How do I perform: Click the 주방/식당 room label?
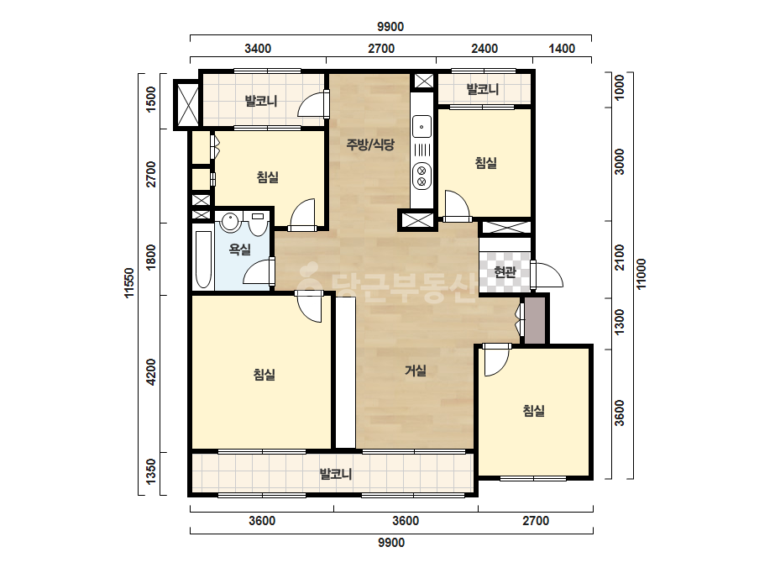point(370,145)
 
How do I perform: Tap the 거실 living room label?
point(416,370)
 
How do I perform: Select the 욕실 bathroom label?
point(239,250)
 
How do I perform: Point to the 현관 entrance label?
point(505,271)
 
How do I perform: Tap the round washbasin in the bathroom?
point(230,222)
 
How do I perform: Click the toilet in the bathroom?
point(257,224)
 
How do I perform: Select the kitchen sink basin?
point(422,127)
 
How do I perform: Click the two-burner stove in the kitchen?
point(422,176)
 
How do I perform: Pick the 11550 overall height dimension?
point(129,283)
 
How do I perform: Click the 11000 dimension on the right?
point(641,274)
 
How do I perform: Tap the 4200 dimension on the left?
point(151,372)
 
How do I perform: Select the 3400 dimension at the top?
point(258,49)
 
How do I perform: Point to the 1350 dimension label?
point(151,471)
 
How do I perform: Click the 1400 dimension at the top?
point(562,49)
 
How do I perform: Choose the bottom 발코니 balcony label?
point(336,474)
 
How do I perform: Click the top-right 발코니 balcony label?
point(483,89)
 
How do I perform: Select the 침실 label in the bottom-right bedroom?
point(534,411)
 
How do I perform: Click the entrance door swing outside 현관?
point(547,275)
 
